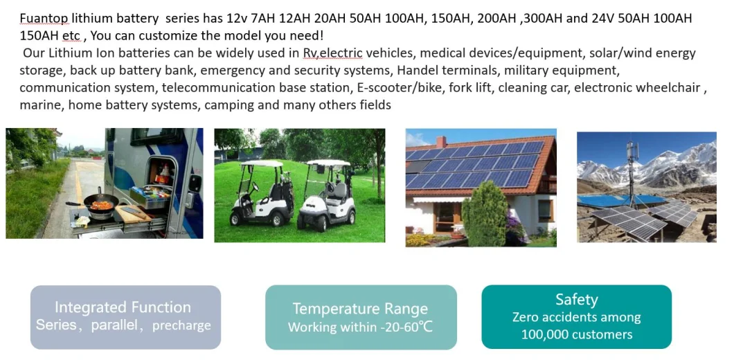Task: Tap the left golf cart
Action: pyautogui.click(x=261, y=193)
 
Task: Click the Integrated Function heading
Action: pyautogui.click(x=123, y=307)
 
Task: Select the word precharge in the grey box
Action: pyautogui.click(x=181, y=325)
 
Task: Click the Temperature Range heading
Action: pyautogui.click(x=360, y=309)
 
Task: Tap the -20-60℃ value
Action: pyautogui.click(x=406, y=326)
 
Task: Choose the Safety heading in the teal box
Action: pyautogui.click(x=577, y=299)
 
